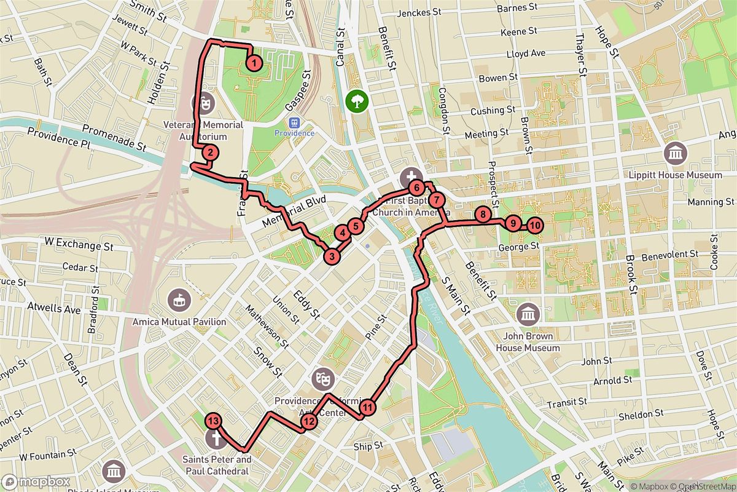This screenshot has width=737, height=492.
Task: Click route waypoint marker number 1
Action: tap(254, 62)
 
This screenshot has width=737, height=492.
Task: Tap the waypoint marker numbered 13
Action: tap(213, 421)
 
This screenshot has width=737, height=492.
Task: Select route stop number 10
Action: tap(534, 225)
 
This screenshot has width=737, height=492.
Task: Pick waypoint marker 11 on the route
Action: tap(367, 407)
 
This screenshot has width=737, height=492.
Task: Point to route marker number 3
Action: tap(332, 256)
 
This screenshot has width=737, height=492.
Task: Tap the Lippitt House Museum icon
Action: tap(676, 153)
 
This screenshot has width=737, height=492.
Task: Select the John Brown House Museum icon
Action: tap(527, 314)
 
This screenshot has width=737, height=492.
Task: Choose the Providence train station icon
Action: tap(294, 122)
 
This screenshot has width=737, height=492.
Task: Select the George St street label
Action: tap(518, 246)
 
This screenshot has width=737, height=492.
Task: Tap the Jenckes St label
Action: tap(419, 12)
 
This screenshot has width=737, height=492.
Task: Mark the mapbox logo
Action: tap(35, 482)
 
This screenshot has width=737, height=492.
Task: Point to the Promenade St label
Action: tap(114, 138)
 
